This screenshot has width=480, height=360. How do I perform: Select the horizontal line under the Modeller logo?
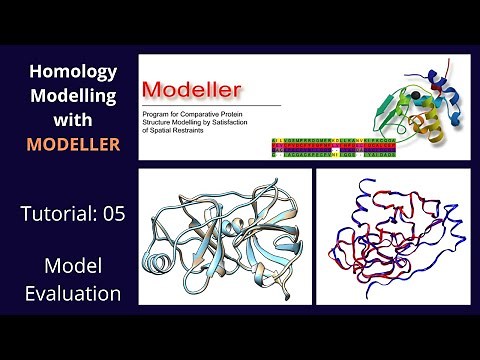click(210, 104)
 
